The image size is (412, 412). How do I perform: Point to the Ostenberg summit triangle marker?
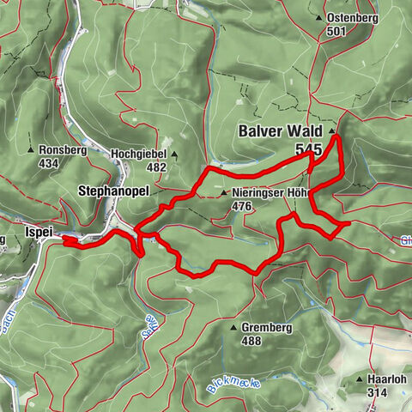[x=319, y=18]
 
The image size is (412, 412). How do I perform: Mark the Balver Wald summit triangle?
[x=332, y=130]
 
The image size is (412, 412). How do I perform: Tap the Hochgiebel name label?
[x=139, y=154]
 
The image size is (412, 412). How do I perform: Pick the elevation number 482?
[x=155, y=167]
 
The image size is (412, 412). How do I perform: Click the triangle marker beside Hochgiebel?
[x=173, y=155]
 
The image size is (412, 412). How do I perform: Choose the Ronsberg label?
[x=64, y=148]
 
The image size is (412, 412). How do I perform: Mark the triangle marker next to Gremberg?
[x=233, y=328]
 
